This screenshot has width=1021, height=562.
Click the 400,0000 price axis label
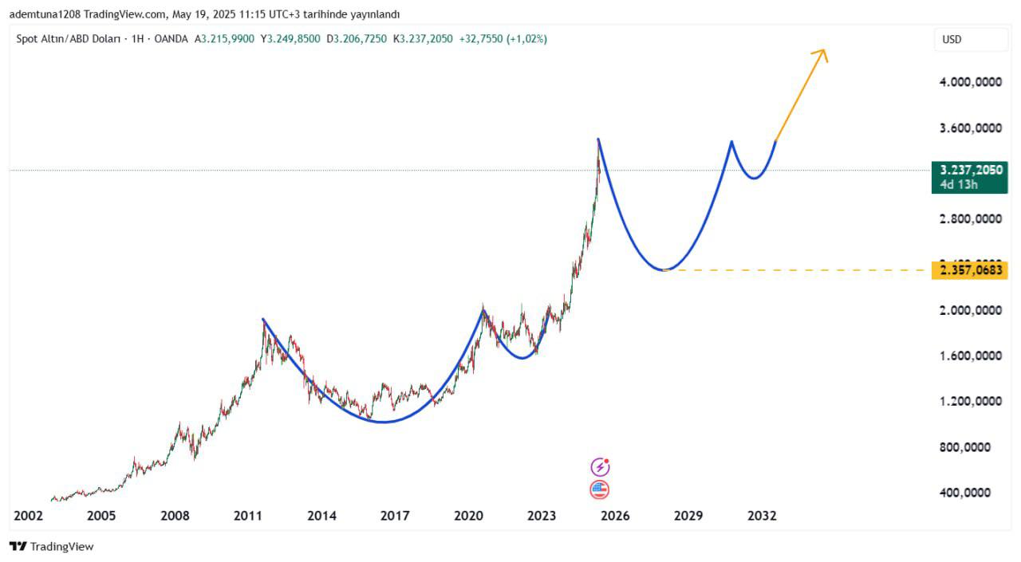tap(969, 493)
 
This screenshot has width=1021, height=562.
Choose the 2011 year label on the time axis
tap(248, 516)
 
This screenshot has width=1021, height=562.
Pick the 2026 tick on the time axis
tap(615, 516)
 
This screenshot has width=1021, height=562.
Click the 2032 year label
tap(762, 516)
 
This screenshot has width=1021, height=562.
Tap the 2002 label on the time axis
tap(28, 516)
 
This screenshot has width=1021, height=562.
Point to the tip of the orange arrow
tap(825, 50)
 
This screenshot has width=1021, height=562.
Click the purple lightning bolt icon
tap(600, 467)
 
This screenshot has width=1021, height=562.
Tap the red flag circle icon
tap(600, 490)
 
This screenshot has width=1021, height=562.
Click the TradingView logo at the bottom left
tap(52, 547)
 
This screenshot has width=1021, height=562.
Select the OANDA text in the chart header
tap(171, 39)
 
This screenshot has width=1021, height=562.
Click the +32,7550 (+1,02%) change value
tap(503, 39)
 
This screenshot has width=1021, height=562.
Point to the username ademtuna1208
tap(45, 14)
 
